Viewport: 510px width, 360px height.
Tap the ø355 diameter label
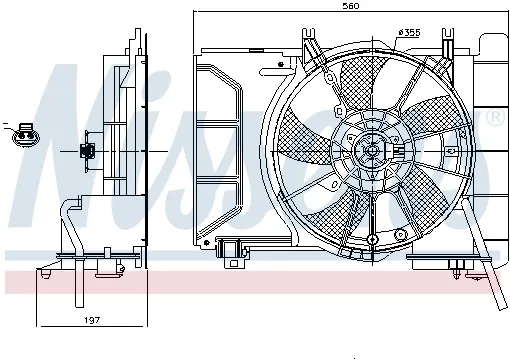click(x=409, y=32)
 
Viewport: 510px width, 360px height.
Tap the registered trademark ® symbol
click(x=493, y=119)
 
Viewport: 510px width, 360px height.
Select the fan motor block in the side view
click(x=88, y=152)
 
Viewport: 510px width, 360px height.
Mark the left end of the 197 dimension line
click(x=38, y=325)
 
